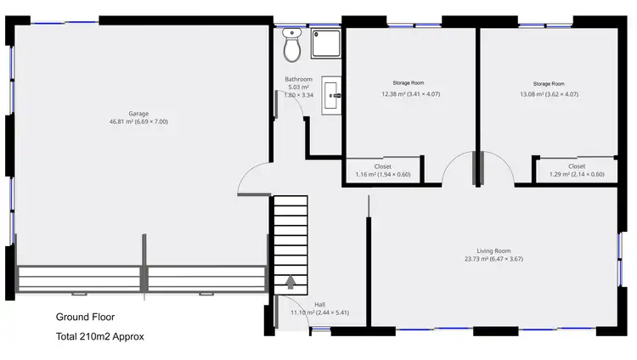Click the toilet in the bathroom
pos(292,48)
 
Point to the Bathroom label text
pos(298,80)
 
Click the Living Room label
pos(493,250)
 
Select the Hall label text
pos(319,304)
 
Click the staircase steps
pos(289,238)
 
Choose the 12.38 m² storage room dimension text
pos(410,94)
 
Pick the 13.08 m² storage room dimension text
pos(548,94)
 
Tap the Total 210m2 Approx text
pos(100,336)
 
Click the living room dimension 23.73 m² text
pos(493,259)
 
